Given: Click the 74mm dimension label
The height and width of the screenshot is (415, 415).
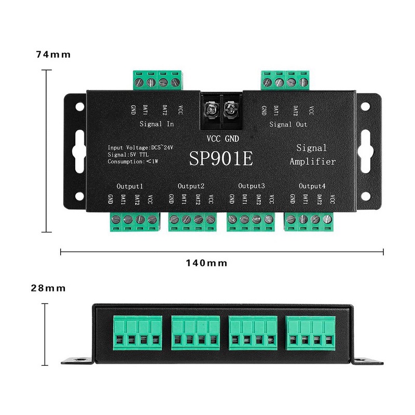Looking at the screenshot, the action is click(53, 54).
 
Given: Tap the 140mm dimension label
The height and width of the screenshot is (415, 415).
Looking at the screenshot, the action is click(206, 263).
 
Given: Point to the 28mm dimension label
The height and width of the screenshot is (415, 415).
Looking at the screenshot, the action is click(48, 288).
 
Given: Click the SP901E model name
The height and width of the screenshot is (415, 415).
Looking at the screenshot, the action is click(221, 159).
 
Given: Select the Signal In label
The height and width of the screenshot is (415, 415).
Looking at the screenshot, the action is click(157, 124).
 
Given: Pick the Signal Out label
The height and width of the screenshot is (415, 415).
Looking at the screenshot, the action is click(288, 124).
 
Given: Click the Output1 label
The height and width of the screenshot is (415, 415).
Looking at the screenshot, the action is click(130, 186).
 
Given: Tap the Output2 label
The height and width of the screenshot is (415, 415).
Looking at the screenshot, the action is click(191, 186).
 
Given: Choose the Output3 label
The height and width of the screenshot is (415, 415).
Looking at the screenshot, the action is click(252, 186).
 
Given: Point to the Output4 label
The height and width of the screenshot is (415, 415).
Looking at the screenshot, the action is click(312, 186).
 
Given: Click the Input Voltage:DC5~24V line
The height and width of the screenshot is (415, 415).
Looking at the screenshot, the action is click(140, 147).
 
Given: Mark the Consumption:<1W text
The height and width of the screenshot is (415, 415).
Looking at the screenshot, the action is click(133, 161).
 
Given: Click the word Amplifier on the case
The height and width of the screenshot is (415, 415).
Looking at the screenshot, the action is click(313, 161).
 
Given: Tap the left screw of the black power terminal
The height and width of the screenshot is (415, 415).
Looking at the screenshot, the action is click(212, 109).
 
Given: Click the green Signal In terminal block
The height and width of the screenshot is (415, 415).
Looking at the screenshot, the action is click(158, 80).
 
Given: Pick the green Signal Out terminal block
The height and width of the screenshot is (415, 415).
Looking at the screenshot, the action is click(285, 80).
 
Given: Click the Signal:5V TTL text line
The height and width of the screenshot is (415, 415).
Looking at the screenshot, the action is click(128, 155).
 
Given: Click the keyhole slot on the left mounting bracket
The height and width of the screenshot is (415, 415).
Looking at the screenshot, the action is click(79, 151).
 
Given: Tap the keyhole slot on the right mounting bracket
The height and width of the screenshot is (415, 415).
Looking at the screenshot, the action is click(365, 151).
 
